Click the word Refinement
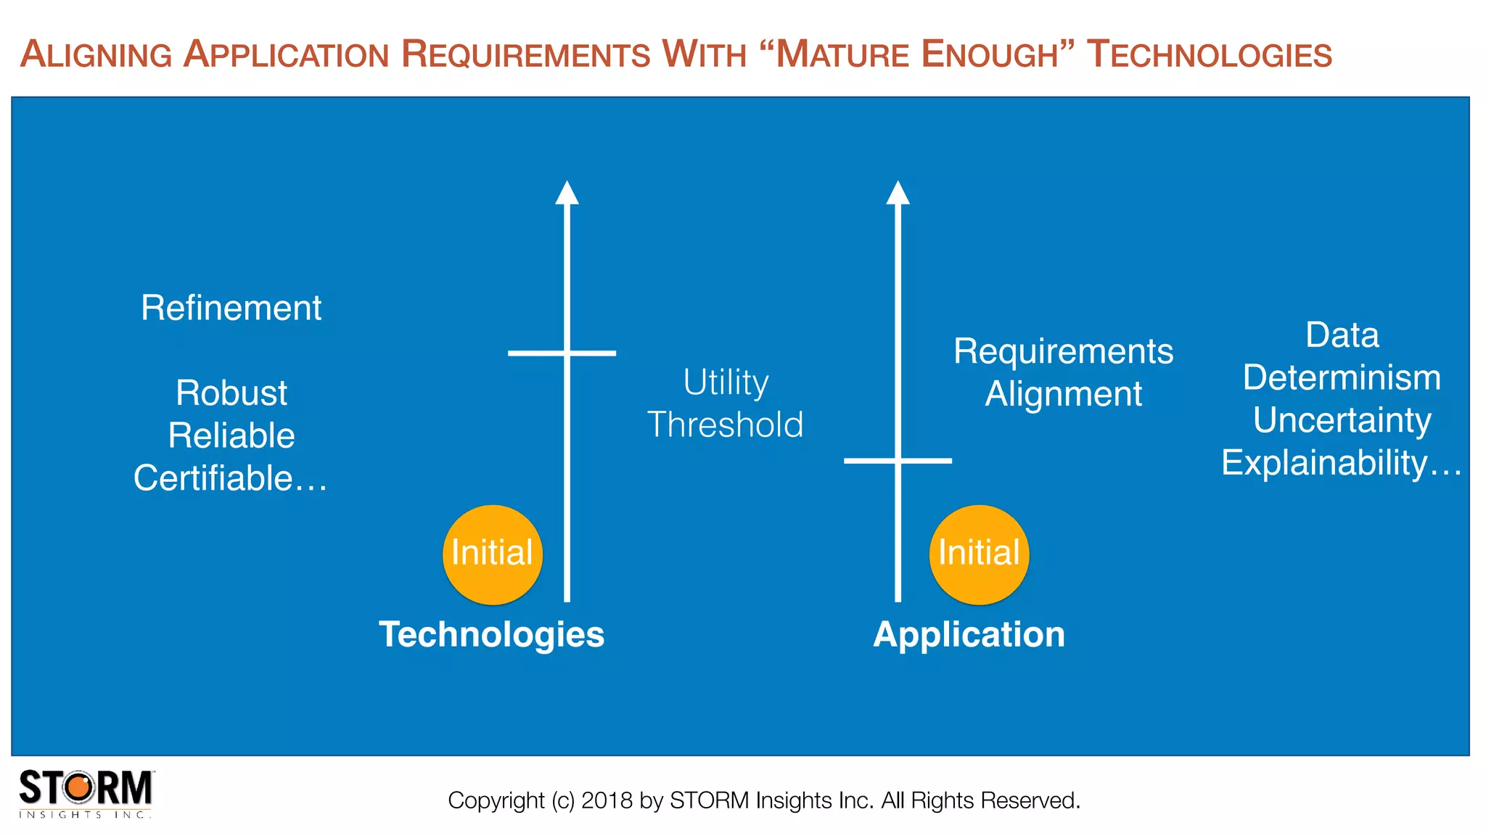click(x=231, y=308)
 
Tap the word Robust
click(x=231, y=393)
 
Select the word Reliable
click(x=231, y=435)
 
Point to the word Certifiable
click(x=213, y=478)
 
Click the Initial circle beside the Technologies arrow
click(x=493, y=554)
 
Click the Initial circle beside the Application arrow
click(x=979, y=554)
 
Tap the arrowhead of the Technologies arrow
click(x=567, y=193)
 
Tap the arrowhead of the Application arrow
click(x=898, y=193)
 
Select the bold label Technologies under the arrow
click(x=491, y=634)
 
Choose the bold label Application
click(x=969, y=634)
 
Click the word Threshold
click(x=726, y=425)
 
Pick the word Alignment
click(x=1063, y=394)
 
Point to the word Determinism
click(x=1342, y=377)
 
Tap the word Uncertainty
click(x=1342, y=420)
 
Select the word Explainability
click(x=1324, y=462)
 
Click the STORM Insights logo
click(x=86, y=793)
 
